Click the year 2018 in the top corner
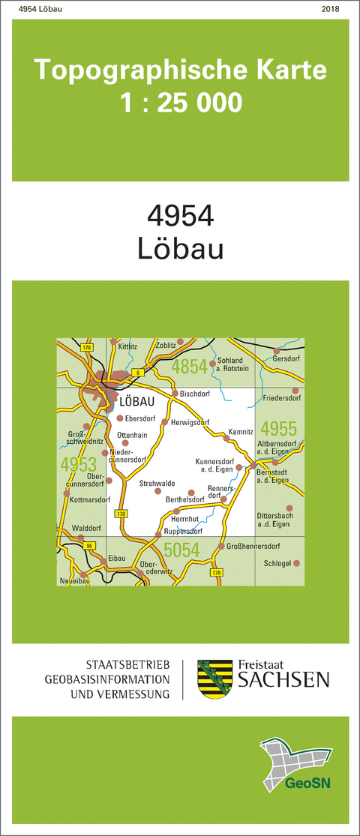click(x=329, y=9)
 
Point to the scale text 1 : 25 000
click(x=181, y=101)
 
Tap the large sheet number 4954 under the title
click(x=181, y=216)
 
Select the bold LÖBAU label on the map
click(x=136, y=402)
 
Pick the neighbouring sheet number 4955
click(x=279, y=430)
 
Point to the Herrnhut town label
click(x=184, y=519)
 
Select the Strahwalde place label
click(x=157, y=484)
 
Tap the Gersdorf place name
click(x=285, y=358)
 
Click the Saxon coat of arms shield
click(x=214, y=679)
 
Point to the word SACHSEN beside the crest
click(x=283, y=681)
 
